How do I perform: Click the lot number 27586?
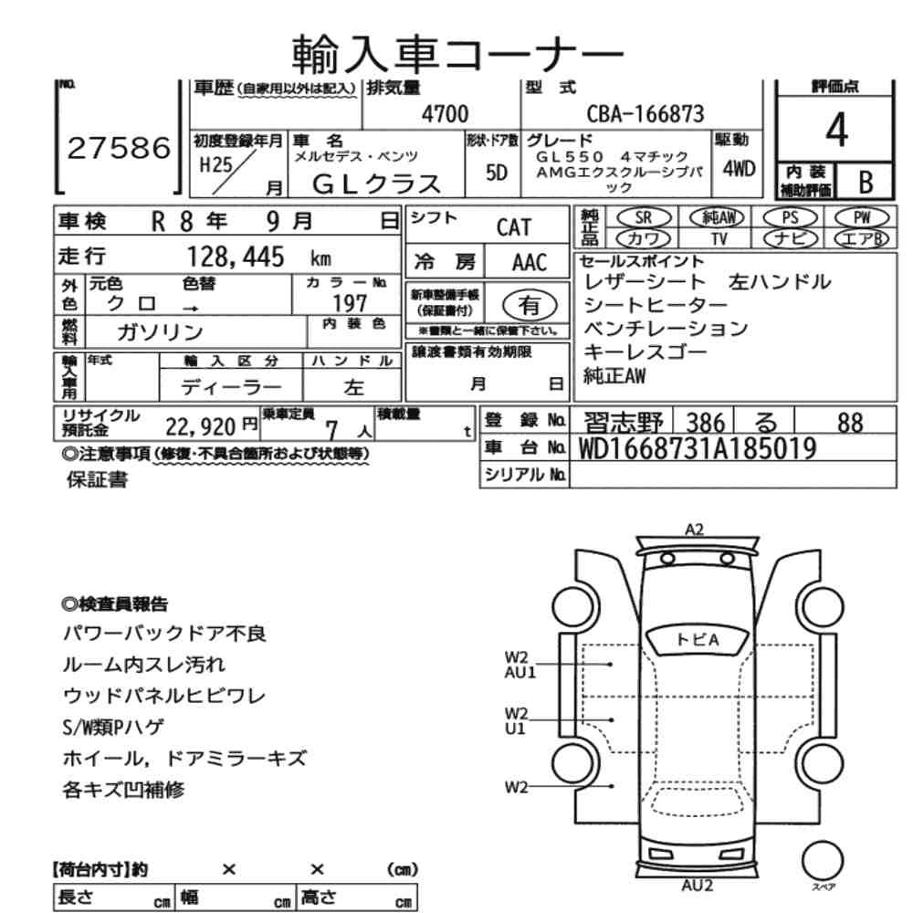(119, 148)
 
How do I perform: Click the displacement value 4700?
(444, 114)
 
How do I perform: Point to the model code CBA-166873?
(645, 114)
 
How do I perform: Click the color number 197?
(351, 302)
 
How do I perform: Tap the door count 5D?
(497, 173)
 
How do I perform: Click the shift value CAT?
(513, 226)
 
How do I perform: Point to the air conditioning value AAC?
(529, 263)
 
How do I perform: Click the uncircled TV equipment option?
(719, 238)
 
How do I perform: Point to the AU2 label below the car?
(697, 885)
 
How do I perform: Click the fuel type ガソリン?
(160, 331)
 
